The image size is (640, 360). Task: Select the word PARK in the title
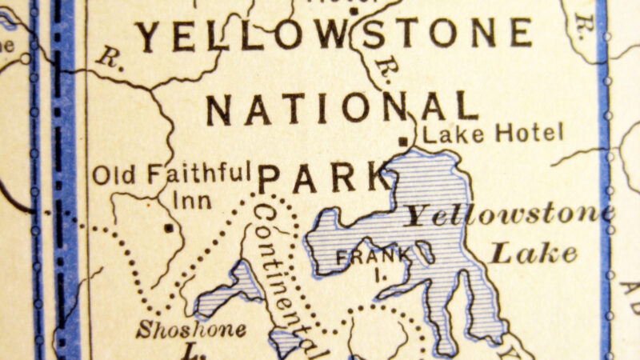pyautogui.click(x=323, y=178)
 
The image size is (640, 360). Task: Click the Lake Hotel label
pyautogui.click(x=493, y=133)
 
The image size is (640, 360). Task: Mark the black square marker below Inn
pyautogui.click(x=169, y=229)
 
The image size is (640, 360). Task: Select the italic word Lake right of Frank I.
pyautogui.click(x=534, y=254)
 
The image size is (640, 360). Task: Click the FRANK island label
pyautogui.click(x=364, y=258)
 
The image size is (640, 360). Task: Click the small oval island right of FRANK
pyautogui.click(x=425, y=254)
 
